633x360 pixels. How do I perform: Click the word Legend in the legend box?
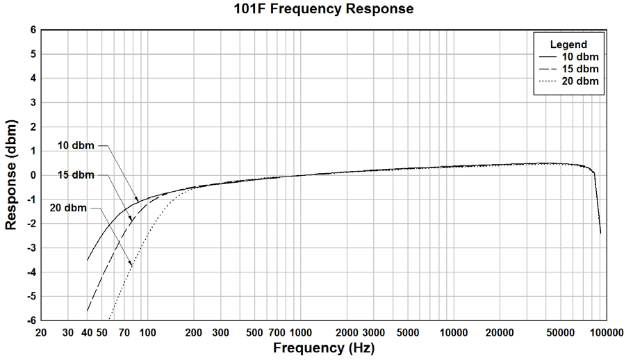click(x=568, y=44)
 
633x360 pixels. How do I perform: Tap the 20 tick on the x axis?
click(x=41, y=332)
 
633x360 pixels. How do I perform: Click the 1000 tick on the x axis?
click(x=299, y=332)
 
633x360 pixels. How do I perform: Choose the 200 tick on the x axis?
click(x=194, y=332)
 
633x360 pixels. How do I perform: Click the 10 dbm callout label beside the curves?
click(x=75, y=146)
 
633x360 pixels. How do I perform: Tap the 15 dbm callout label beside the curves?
click(x=75, y=175)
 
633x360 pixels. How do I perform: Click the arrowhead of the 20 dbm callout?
click(x=132, y=265)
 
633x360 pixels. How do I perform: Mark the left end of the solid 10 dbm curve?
click(x=87, y=261)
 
